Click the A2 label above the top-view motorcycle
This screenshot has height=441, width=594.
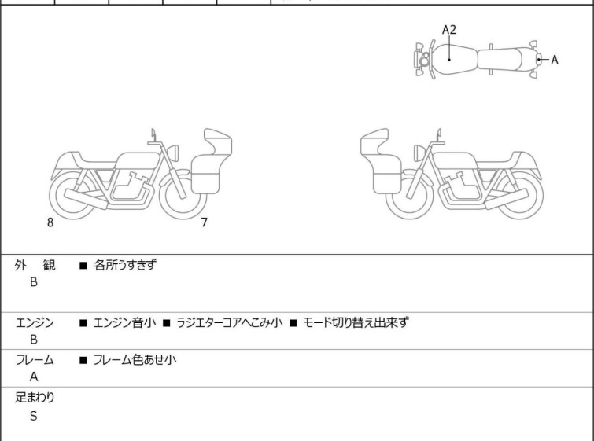[x=449, y=30]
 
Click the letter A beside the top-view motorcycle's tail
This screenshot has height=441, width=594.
[x=555, y=60]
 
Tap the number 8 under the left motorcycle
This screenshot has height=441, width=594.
[x=50, y=222]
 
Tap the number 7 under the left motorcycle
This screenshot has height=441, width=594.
[x=205, y=222]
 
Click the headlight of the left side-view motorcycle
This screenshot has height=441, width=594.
[x=173, y=153]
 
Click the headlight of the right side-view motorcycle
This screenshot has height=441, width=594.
[x=420, y=153]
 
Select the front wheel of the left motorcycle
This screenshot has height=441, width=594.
[x=183, y=196]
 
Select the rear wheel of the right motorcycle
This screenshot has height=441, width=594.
[x=519, y=196]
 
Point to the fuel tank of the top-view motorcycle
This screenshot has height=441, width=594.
[x=454, y=59]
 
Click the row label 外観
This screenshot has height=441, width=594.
[x=35, y=265]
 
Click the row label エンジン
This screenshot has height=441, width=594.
[x=35, y=323]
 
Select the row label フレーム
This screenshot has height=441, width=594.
[x=35, y=359]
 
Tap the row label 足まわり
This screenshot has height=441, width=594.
[x=35, y=398]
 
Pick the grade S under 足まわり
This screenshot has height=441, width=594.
[x=34, y=416]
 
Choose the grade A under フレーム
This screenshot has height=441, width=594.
[x=34, y=377]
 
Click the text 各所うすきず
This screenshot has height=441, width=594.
[x=125, y=265]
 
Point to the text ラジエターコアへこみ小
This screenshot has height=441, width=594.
[x=230, y=322]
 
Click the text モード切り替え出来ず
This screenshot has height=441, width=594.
[x=356, y=322]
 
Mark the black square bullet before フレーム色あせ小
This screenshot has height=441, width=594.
[x=83, y=360]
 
